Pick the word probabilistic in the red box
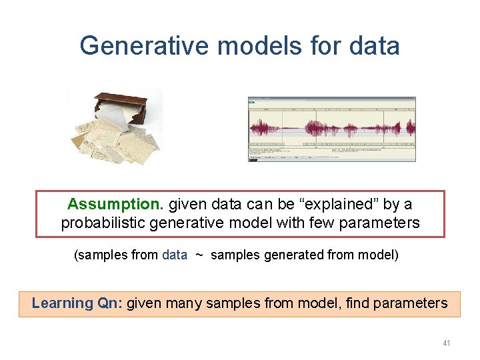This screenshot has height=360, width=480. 105,223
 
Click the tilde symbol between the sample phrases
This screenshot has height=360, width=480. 199,255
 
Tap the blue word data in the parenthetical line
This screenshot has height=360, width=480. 175,255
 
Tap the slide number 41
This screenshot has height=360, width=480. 446,343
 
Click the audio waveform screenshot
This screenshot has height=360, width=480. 331,129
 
